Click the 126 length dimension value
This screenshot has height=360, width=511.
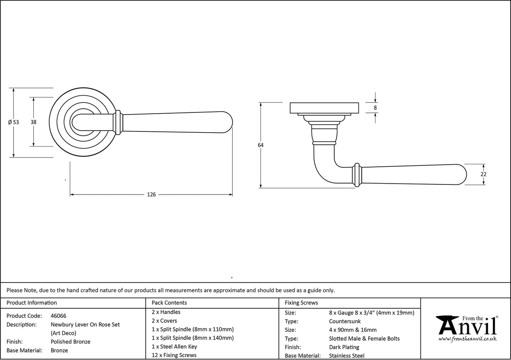[151, 195]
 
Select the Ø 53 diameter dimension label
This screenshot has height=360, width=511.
[13, 122]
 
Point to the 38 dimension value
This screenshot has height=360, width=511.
[33, 122]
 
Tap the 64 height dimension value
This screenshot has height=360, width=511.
[261, 145]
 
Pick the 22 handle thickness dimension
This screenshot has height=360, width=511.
[483, 174]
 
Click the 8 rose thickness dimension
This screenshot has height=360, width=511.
[375, 108]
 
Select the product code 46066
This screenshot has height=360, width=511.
[58, 316]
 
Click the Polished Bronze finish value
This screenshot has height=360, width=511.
[70, 342]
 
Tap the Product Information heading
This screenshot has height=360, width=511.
[32, 303]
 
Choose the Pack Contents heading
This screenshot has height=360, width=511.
[169, 303]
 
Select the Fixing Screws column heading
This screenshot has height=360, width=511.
[301, 303]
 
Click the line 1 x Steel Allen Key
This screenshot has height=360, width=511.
[174, 347]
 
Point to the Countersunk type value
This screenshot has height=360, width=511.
[345, 321]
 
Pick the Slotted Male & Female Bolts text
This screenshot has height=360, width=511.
[364, 339]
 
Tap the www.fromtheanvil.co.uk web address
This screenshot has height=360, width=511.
[467, 339]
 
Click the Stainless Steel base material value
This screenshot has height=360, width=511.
[347, 356]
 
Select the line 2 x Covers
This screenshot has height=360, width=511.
[164, 321]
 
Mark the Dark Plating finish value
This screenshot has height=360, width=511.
[344, 347]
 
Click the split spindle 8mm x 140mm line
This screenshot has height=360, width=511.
[192, 338]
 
